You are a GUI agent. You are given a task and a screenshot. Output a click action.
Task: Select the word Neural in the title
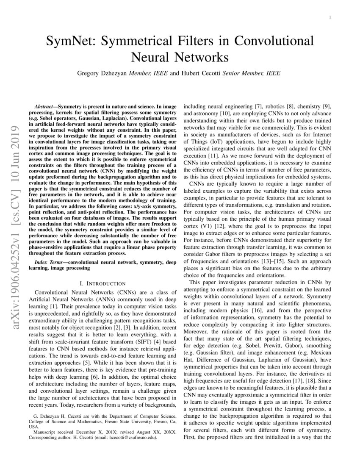click(154, 57)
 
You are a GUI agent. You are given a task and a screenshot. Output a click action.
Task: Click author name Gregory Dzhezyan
click(102, 73)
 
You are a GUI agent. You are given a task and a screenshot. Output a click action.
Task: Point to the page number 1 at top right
click(330, 17)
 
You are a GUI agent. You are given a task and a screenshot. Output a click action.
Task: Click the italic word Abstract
click(45, 103)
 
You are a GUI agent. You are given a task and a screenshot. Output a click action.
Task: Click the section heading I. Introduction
click(100, 283)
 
